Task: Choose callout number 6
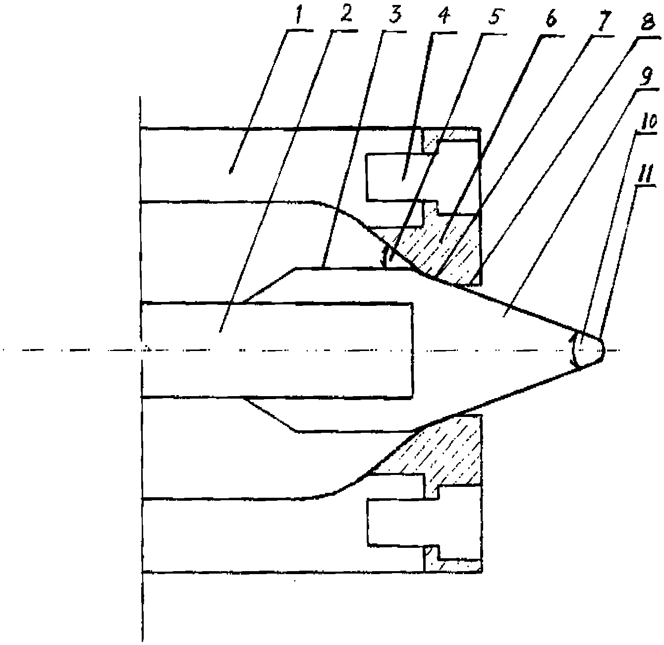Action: click(x=551, y=19)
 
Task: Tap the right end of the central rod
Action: click(x=413, y=351)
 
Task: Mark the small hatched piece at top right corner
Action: click(x=443, y=136)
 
